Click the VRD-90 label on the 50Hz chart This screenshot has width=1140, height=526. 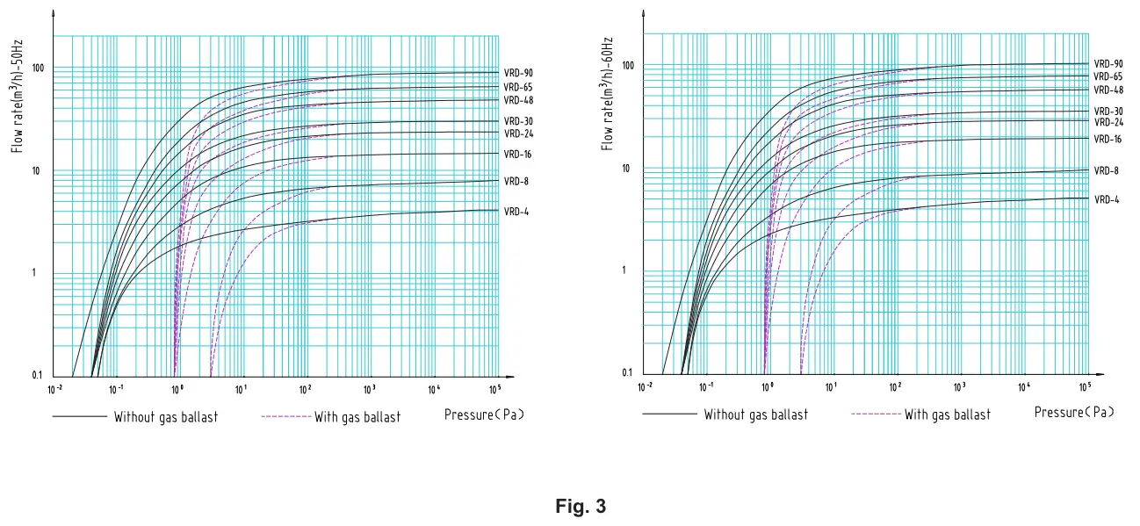(x=518, y=73)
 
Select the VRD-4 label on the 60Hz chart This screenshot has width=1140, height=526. (x=1106, y=199)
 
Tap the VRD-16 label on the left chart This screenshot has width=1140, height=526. (x=518, y=155)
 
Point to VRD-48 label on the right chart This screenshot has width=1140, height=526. (x=1108, y=90)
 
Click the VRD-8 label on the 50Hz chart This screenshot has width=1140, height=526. (x=516, y=181)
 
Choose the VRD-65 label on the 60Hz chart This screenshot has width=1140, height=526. (x=1108, y=76)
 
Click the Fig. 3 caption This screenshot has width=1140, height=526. (x=581, y=507)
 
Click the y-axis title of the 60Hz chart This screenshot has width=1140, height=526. (x=607, y=94)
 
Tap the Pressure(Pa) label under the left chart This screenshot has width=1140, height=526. (x=484, y=414)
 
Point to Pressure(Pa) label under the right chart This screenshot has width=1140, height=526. (x=1074, y=413)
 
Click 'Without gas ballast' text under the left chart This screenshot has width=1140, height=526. (x=165, y=417)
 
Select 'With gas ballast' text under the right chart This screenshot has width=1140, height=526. (x=947, y=414)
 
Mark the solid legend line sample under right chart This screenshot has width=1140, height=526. (x=668, y=414)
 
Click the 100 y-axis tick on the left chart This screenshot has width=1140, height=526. (x=37, y=68)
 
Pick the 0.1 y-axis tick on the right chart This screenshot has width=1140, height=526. (x=626, y=373)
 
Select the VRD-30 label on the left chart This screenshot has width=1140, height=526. (x=518, y=121)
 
